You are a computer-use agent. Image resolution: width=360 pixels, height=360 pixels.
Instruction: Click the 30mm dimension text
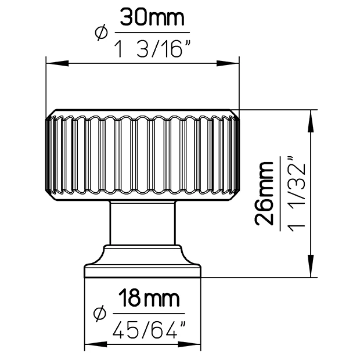tap(152, 17)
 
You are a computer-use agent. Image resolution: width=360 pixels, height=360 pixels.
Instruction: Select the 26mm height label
tap(264, 193)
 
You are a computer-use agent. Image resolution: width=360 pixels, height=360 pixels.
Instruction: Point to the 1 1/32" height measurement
tap(297, 194)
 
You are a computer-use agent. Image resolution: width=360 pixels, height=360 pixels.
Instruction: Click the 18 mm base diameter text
tap(149, 298)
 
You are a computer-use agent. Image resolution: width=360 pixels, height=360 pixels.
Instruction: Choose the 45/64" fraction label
tap(149, 330)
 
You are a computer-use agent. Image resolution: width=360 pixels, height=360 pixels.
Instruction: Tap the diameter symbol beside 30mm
tap(101, 33)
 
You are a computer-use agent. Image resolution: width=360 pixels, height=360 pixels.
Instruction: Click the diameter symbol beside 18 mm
tap(100, 314)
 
